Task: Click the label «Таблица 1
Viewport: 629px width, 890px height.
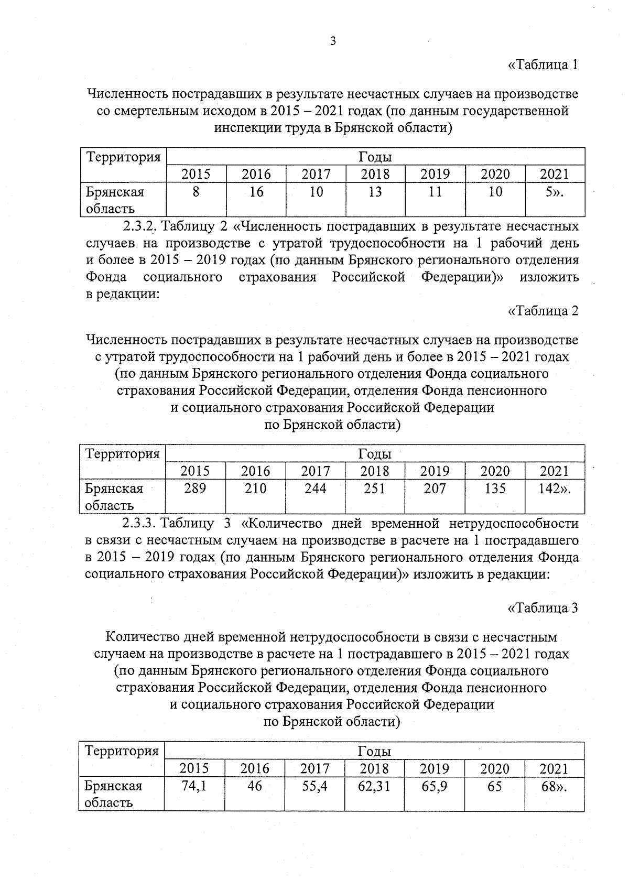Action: (543, 65)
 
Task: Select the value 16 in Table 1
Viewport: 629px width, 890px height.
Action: (256, 192)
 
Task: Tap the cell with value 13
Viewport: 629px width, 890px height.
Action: (375, 192)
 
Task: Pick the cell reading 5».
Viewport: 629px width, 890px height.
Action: (554, 192)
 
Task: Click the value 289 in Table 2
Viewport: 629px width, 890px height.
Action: (196, 489)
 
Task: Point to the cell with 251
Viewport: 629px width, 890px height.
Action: (375, 489)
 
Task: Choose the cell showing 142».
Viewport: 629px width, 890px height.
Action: (554, 489)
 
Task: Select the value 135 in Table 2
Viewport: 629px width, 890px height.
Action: (495, 489)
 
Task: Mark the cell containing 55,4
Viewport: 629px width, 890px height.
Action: (315, 786)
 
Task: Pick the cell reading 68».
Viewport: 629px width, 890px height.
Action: (554, 786)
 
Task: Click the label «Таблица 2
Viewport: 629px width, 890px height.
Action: (543, 311)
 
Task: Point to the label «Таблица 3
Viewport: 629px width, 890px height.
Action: (543, 608)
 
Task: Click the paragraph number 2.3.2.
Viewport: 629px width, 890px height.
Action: (140, 226)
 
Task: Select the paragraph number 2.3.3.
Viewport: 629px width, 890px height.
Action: (140, 523)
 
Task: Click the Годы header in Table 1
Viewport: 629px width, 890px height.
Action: (375, 157)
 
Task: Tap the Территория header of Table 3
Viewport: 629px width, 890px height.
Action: (122, 751)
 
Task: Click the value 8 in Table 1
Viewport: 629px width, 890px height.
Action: (196, 192)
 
